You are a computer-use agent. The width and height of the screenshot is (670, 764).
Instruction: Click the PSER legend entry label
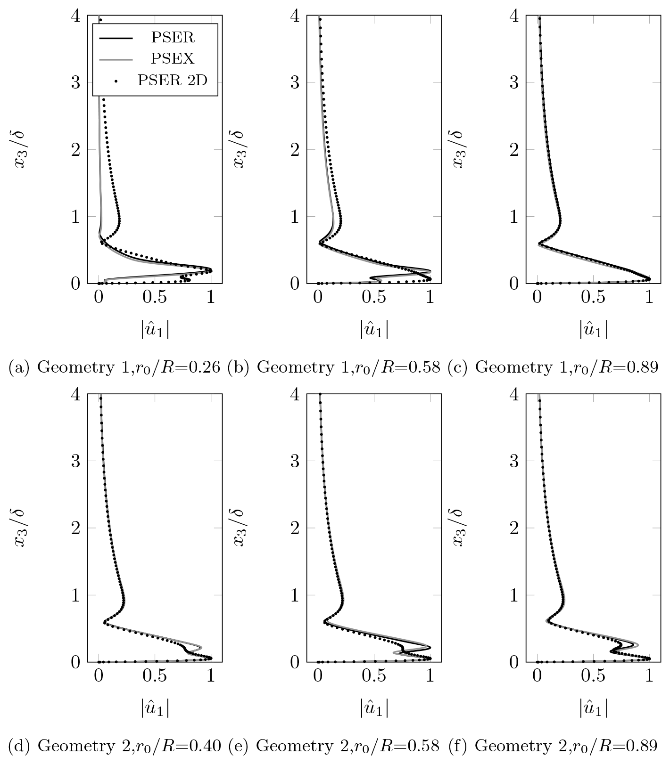pos(173,37)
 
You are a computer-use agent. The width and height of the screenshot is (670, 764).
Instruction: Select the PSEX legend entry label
pos(173,58)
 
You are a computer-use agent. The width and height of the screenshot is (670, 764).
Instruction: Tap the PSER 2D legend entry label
pos(173,80)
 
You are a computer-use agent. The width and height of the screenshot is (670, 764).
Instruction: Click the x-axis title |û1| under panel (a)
pos(155,330)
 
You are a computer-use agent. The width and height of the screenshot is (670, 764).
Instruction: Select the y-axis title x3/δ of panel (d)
pos(22,528)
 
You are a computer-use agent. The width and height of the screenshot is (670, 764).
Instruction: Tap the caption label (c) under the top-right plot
pos(457,367)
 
